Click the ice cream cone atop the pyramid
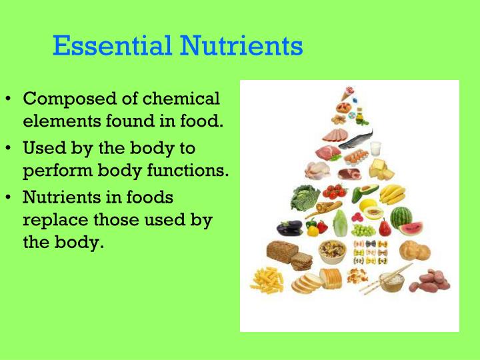click(x=347, y=94)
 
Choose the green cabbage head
click(x=304, y=198)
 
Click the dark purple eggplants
click(x=289, y=227)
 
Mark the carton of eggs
click(x=357, y=157)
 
